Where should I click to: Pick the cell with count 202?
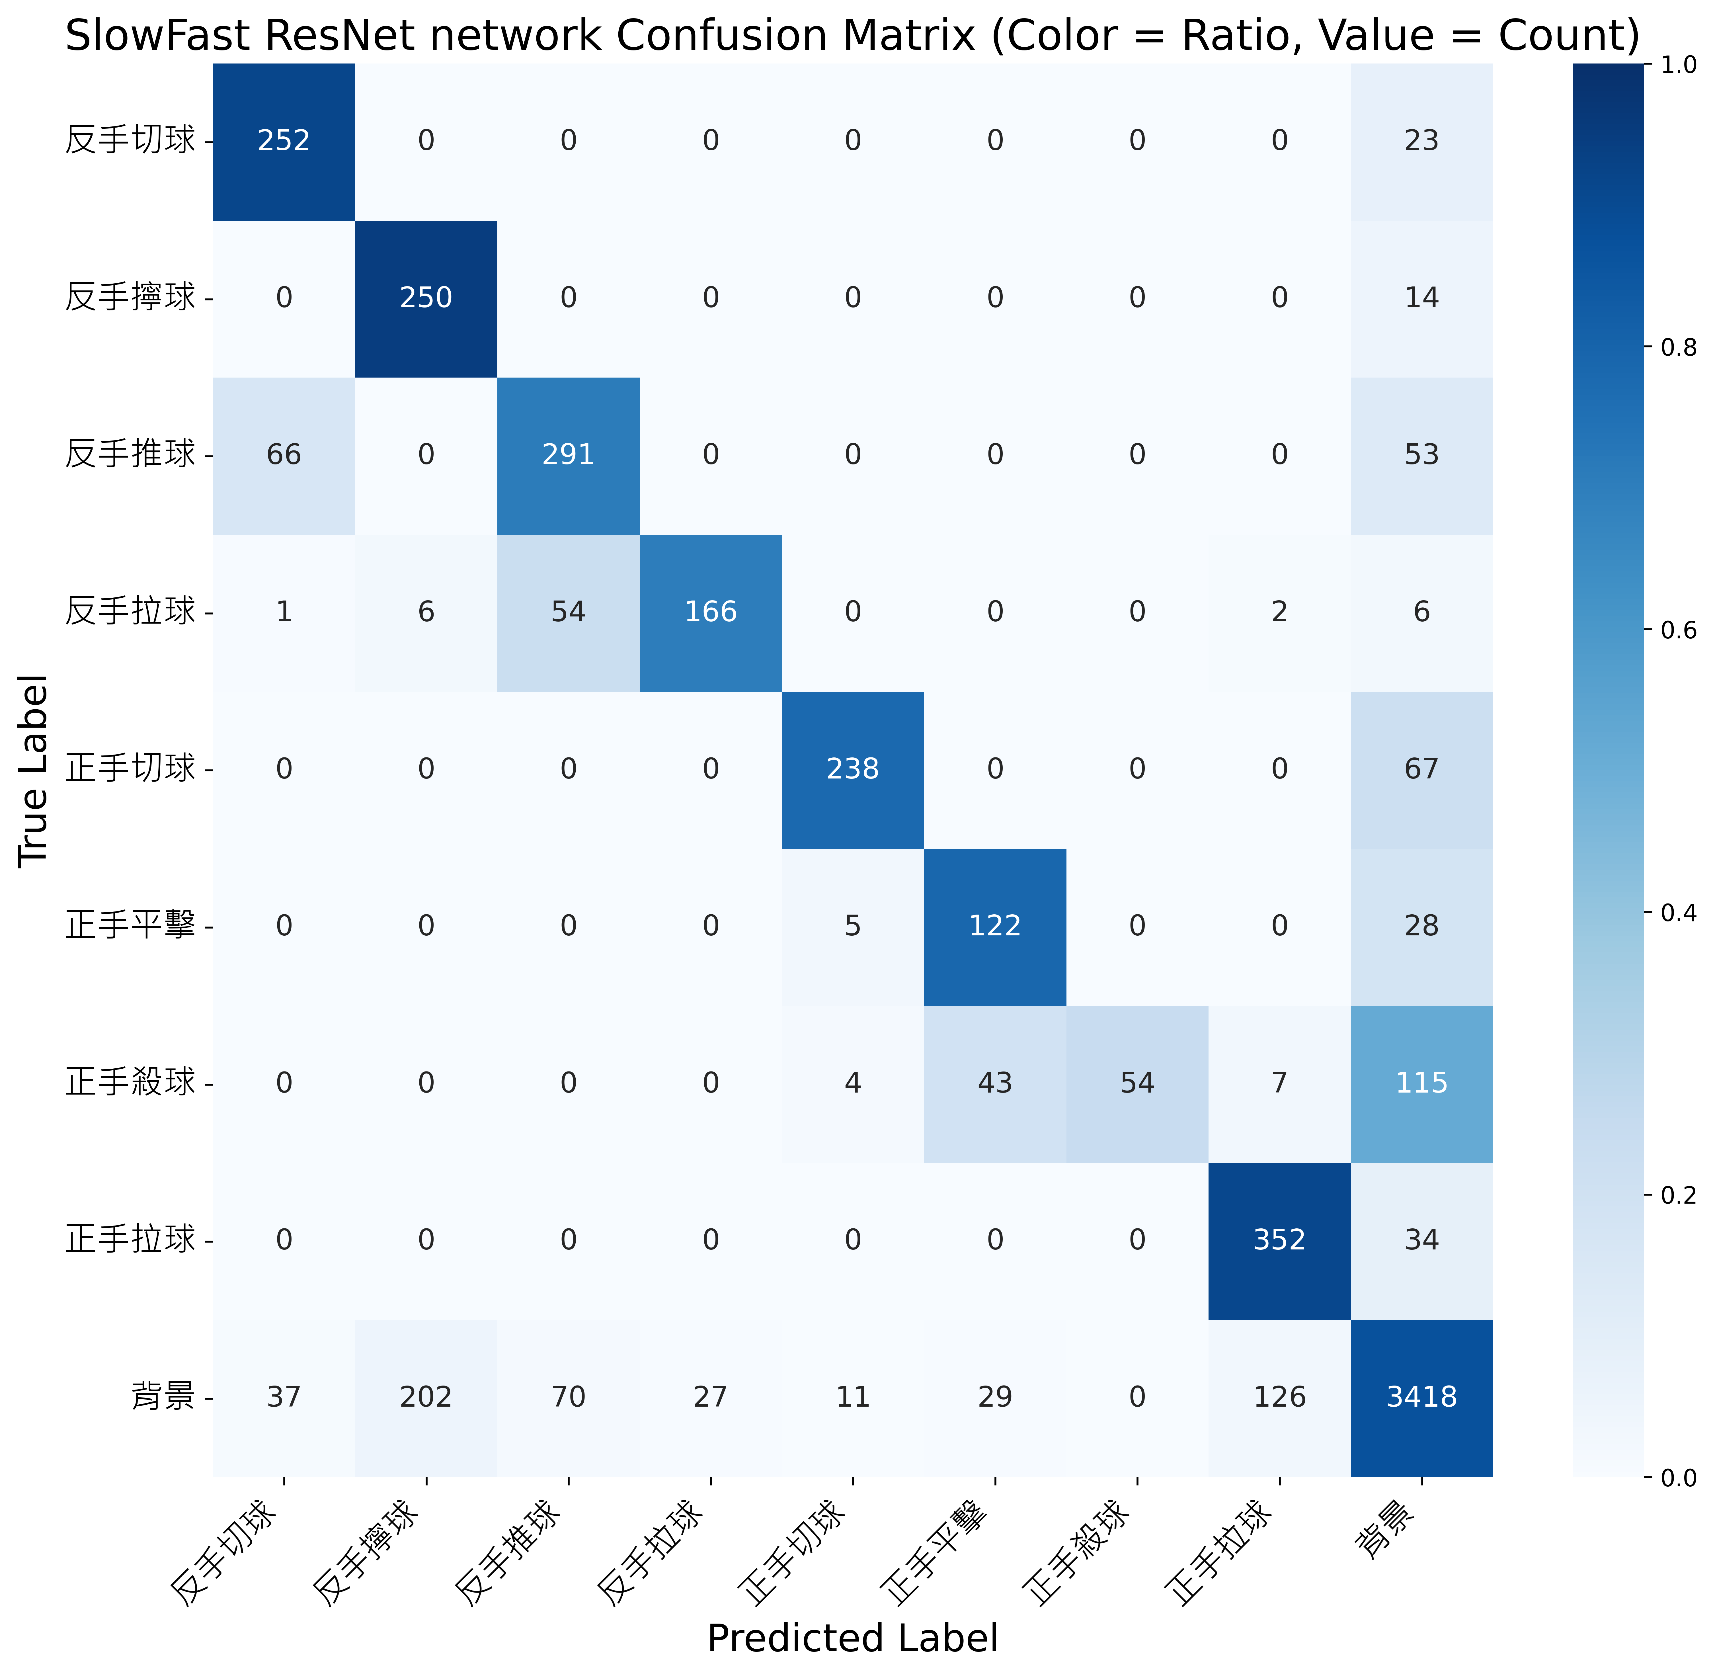click(426, 1397)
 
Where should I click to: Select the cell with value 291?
click(569, 455)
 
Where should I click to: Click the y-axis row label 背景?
click(163, 1397)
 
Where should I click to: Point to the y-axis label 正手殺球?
click(130, 1083)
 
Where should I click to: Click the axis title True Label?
click(33, 770)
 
